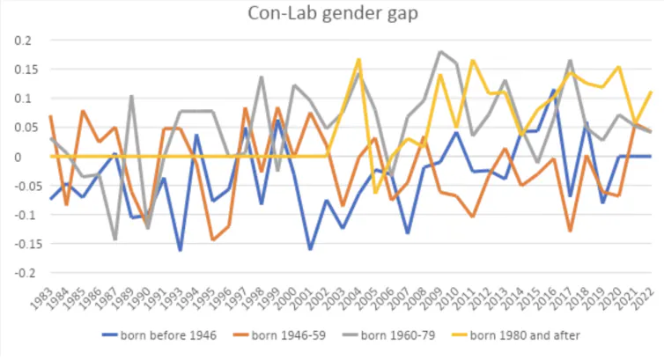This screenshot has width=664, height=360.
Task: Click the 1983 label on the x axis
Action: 51,294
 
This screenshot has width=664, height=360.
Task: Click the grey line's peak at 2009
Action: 439,52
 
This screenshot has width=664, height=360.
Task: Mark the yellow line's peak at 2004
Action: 358,59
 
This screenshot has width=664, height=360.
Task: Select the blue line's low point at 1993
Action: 181,251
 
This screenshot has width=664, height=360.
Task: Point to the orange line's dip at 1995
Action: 213,239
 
